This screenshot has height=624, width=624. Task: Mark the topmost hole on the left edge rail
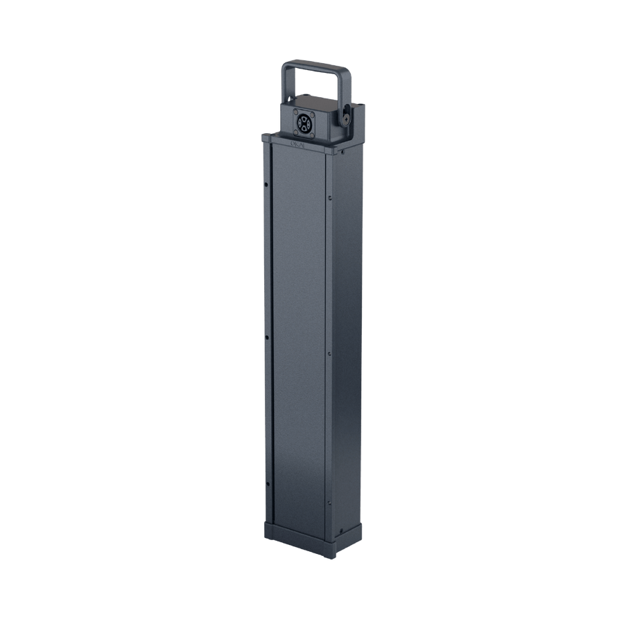pyautogui.click(x=267, y=184)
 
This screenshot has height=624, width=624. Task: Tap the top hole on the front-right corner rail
pyautogui.click(x=330, y=198)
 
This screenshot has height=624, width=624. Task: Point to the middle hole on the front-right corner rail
pyautogui.click(x=330, y=354)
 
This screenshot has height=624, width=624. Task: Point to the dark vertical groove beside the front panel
pyautogui.click(x=272, y=333)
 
